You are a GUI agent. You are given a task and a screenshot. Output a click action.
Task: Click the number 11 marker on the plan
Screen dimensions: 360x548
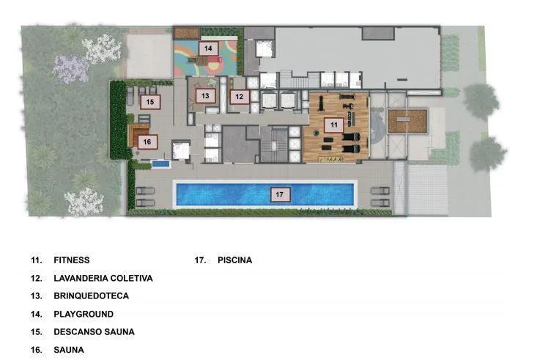tap(334, 125)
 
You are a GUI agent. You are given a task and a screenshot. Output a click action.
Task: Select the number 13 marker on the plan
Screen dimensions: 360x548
tap(206, 96)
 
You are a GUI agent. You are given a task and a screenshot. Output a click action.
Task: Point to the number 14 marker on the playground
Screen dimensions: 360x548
tap(208, 48)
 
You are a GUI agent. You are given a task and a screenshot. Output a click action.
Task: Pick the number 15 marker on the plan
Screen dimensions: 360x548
tap(150, 102)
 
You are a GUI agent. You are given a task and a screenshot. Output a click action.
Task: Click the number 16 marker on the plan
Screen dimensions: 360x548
tap(147, 142)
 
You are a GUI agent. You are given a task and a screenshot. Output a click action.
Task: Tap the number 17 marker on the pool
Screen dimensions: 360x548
tap(279, 194)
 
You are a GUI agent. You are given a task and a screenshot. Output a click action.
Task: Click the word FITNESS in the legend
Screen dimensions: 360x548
tap(71, 260)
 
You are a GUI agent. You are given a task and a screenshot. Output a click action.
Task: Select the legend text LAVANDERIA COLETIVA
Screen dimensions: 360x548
tap(103, 279)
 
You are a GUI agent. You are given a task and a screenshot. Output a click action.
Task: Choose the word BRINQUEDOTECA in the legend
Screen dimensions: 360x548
tap(91, 296)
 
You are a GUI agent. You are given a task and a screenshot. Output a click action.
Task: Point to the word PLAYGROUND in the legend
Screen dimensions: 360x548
tap(83, 314)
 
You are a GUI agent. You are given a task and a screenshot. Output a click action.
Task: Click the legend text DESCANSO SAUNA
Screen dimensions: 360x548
tap(94, 331)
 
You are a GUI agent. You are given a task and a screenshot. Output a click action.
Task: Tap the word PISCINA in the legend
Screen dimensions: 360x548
tap(234, 260)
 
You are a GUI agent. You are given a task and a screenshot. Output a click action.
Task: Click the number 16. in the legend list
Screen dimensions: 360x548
tap(37, 350)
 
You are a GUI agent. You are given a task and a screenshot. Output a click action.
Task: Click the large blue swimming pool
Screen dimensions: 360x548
tap(220, 194)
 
